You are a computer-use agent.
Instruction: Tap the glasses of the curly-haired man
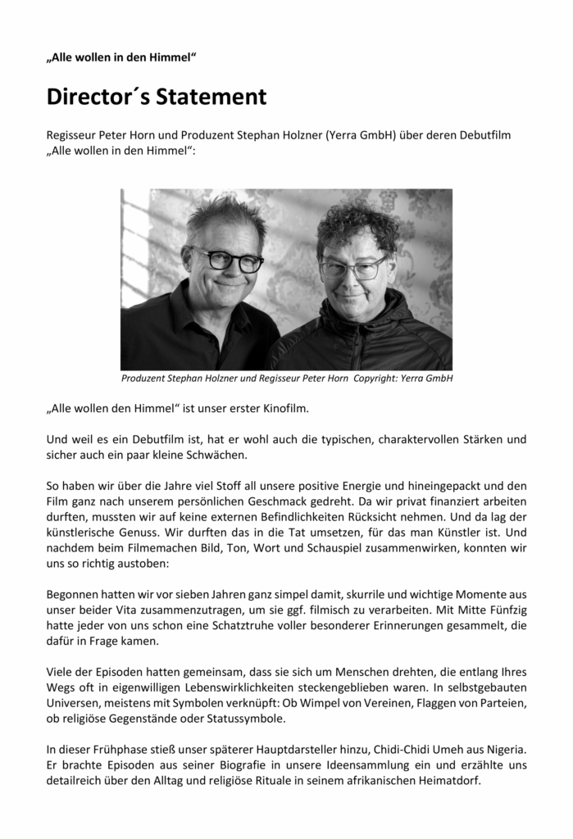click(x=353, y=268)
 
